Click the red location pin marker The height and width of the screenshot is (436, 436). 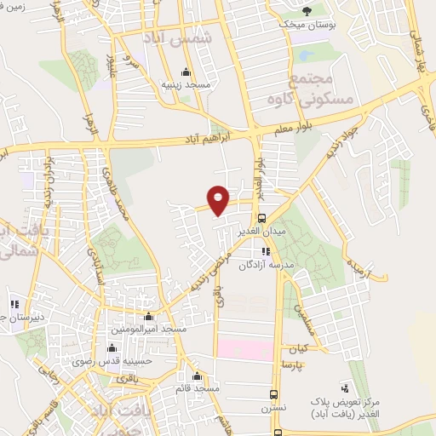[x=219, y=199]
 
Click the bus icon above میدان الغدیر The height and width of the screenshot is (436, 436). [x=261, y=216]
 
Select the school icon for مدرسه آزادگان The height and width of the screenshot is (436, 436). [x=266, y=251]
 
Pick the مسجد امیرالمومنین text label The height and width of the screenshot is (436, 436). [x=147, y=329]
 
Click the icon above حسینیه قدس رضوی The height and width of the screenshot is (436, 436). [x=112, y=347]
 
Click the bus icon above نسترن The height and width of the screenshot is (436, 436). [x=273, y=395]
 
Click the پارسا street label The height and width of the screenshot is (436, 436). [x=294, y=364]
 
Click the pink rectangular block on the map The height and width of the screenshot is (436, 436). [x=245, y=348]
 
